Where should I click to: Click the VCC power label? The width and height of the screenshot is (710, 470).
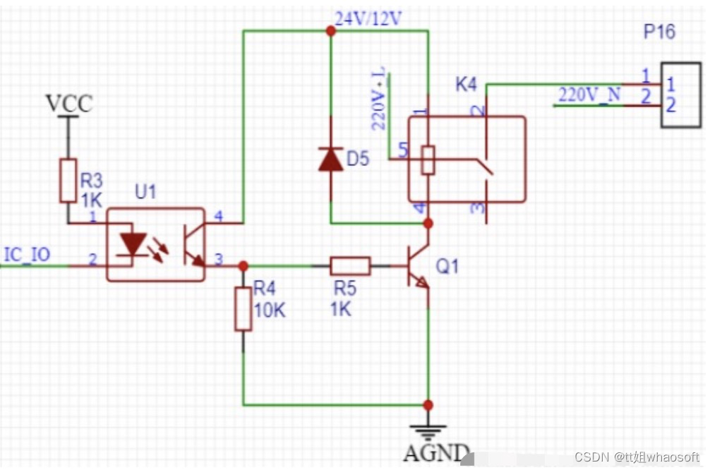click(x=70, y=103)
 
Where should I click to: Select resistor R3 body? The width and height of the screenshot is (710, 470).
click(x=68, y=180)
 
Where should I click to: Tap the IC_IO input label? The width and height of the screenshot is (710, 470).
click(x=27, y=255)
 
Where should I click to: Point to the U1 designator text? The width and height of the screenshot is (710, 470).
click(x=145, y=192)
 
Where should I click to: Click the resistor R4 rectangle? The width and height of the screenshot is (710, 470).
click(x=243, y=309)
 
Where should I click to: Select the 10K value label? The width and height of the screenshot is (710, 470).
click(x=270, y=311)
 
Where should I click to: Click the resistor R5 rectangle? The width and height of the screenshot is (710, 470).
click(x=350, y=266)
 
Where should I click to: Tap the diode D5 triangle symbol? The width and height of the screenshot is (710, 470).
click(x=330, y=159)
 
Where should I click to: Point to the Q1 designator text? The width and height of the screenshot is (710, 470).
click(x=447, y=266)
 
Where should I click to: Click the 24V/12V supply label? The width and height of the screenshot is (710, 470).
click(x=368, y=19)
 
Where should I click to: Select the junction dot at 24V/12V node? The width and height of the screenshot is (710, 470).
click(x=331, y=31)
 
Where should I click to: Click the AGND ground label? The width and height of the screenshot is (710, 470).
click(x=436, y=452)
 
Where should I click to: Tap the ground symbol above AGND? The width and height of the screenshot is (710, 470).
click(x=428, y=433)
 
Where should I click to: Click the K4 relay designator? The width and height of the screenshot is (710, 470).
click(x=466, y=85)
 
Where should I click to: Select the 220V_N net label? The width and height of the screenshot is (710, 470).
click(x=589, y=95)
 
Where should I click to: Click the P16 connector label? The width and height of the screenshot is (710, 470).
click(x=659, y=32)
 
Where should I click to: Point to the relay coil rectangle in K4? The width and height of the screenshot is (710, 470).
click(x=428, y=160)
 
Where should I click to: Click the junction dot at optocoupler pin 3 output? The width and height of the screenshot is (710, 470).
click(x=243, y=266)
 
